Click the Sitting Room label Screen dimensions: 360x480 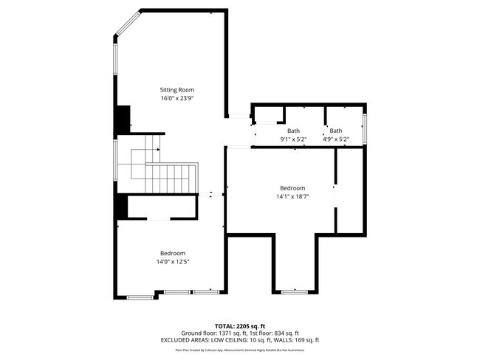tap(177, 90)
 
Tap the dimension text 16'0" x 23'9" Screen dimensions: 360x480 tap(177, 98)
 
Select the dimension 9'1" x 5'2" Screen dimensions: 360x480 tap(293, 139)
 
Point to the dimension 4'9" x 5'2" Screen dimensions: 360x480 tap(336, 139)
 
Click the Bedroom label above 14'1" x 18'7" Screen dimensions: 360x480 tap(292, 188)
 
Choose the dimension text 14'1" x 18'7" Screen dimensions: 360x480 tap(292, 196)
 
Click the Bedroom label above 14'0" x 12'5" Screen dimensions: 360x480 tap(173, 253)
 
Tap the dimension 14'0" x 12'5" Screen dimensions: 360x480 tap(173, 262)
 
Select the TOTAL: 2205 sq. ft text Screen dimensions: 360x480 tap(240, 325)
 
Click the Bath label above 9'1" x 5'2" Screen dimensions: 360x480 tap(293, 131)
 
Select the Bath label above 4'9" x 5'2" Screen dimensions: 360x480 tap(336, 131)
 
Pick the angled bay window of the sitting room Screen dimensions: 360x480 tap(126, 24)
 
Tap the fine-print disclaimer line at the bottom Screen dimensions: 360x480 tap(240, 352)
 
